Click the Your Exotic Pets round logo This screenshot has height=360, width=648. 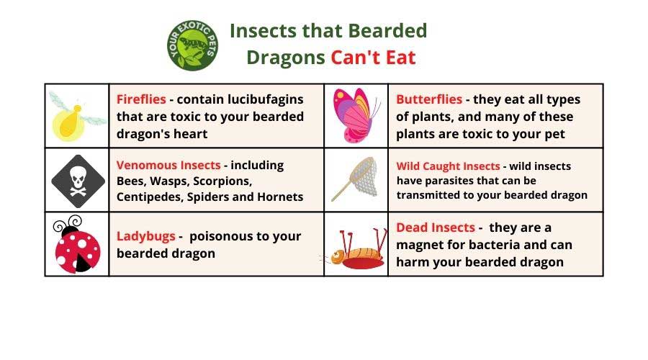[x=192, y=45]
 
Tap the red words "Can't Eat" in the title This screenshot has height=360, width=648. [x=373, y=58]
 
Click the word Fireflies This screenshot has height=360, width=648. [x=141, y=99]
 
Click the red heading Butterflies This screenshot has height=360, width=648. [x=429, y=99]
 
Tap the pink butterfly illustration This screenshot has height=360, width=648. [x=356, y=115]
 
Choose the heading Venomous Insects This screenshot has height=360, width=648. [x=168, y=165]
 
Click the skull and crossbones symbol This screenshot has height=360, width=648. [x=78, y=181]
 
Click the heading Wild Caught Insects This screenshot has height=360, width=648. [x=448, y=166]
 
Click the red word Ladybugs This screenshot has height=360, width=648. [x=146, y=236]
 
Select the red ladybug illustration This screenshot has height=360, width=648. [x=77, y=244]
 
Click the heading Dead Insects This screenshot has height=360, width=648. [x=436, y=228]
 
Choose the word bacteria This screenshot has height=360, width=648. [x=493, y=245]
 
